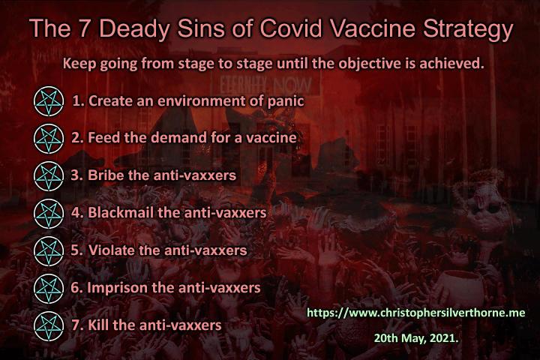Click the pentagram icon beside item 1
point(49,101)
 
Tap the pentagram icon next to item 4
point(49,214)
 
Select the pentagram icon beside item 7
point(49,326)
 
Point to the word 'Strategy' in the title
point(468,29)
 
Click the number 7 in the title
point(84,28)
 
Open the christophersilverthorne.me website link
point(416,313)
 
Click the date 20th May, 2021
point(416,338)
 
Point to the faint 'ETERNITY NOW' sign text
point(265,85)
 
